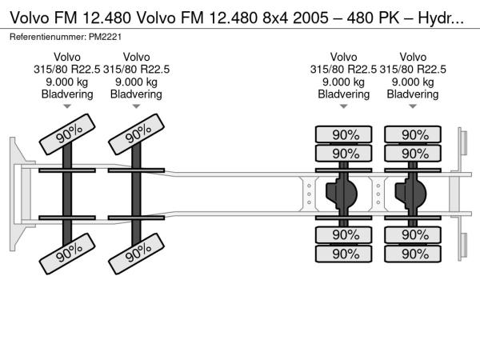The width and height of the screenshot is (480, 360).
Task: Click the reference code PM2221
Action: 106,37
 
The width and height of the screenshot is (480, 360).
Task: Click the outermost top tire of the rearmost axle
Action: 414,134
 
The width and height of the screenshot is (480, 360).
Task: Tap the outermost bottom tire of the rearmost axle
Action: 414,254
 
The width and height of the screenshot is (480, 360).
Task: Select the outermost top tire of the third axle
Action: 346,134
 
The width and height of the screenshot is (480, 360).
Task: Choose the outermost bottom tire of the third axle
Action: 346,254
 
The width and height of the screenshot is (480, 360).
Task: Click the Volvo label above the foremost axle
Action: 67,57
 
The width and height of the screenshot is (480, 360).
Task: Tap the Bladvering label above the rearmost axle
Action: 412,94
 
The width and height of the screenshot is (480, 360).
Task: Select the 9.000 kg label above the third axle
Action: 343,82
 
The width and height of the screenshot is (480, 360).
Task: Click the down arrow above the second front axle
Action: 136,106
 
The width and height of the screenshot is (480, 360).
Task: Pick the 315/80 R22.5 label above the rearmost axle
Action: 412,69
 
